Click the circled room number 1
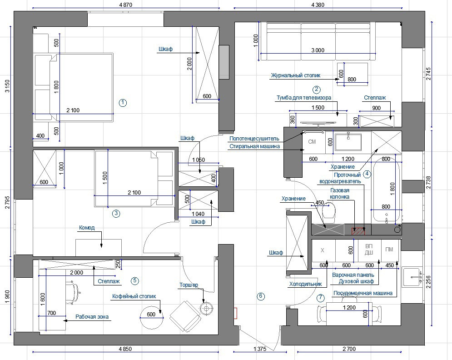click(123, 103)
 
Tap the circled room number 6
click(261, 296)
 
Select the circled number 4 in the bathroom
click(367, 173)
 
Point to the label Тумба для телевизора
click(303, 98)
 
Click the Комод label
click(87, 228)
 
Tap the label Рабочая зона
click(92, 317)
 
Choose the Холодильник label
click(305, 284)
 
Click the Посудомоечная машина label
click(363, 293)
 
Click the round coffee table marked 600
click(151, 315)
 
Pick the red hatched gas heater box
click(359, 231)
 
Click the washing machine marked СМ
click(312, 142)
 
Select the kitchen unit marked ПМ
click(389, 250)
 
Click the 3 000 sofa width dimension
click(318, 50)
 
